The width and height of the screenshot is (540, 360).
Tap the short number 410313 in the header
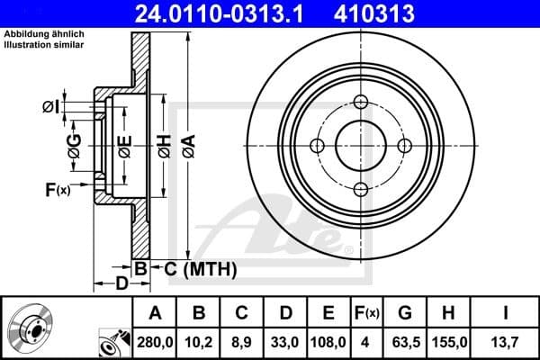400,13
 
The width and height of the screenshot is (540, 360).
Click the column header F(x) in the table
367,312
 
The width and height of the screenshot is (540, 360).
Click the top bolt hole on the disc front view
361,102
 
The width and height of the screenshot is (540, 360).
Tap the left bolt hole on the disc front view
317,146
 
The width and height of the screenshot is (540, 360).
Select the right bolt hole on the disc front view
405,146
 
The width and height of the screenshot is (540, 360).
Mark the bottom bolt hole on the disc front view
361,189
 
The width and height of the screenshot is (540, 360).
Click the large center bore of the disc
361,146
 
